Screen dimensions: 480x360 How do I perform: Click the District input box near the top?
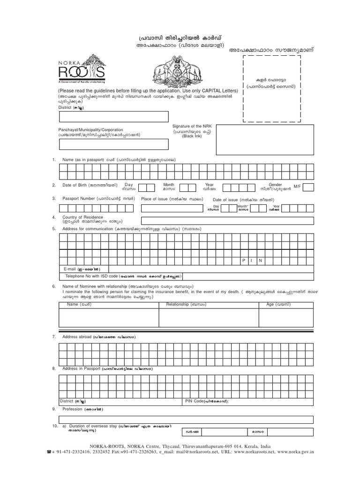tap(113, 117)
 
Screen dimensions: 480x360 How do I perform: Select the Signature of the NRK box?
tap(264, 139)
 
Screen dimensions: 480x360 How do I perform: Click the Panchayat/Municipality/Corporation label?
tap(90, 129)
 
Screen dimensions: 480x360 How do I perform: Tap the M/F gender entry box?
tap(308, 187)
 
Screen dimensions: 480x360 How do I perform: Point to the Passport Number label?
tap(78, 199)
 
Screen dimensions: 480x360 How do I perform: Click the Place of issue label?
tap(156, 199)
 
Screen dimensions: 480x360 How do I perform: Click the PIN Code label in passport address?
tap(207, 401)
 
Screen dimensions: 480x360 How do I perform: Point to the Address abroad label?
tap(77, 337)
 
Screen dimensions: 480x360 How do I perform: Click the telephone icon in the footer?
tap(49, 453)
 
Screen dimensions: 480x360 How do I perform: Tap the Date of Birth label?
tap(77, 186)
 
